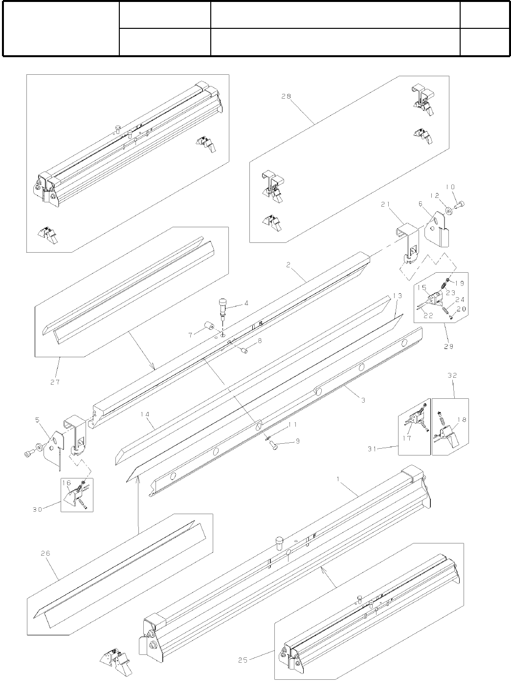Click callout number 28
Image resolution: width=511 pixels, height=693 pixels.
[286, 96]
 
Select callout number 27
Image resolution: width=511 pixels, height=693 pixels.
[55, 382]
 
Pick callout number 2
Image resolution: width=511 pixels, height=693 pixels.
[289, 264]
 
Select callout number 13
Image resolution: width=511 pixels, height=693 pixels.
[397, 296]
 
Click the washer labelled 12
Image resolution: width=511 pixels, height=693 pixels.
[448, 211]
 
